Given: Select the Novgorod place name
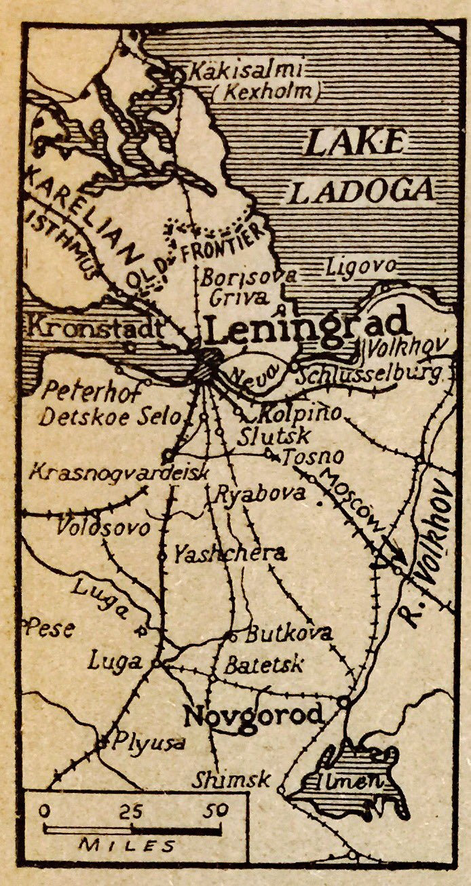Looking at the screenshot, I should [254, 715].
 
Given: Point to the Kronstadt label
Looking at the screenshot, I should [95, 330].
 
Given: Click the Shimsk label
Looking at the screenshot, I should [231, 779].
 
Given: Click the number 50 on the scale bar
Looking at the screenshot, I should [217, 810].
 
